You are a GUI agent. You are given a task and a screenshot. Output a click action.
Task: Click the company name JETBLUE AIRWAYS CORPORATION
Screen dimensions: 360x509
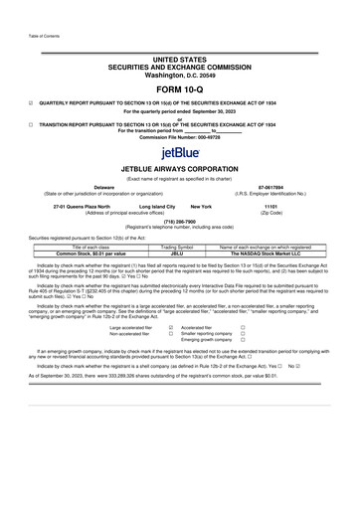(180, 170)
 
